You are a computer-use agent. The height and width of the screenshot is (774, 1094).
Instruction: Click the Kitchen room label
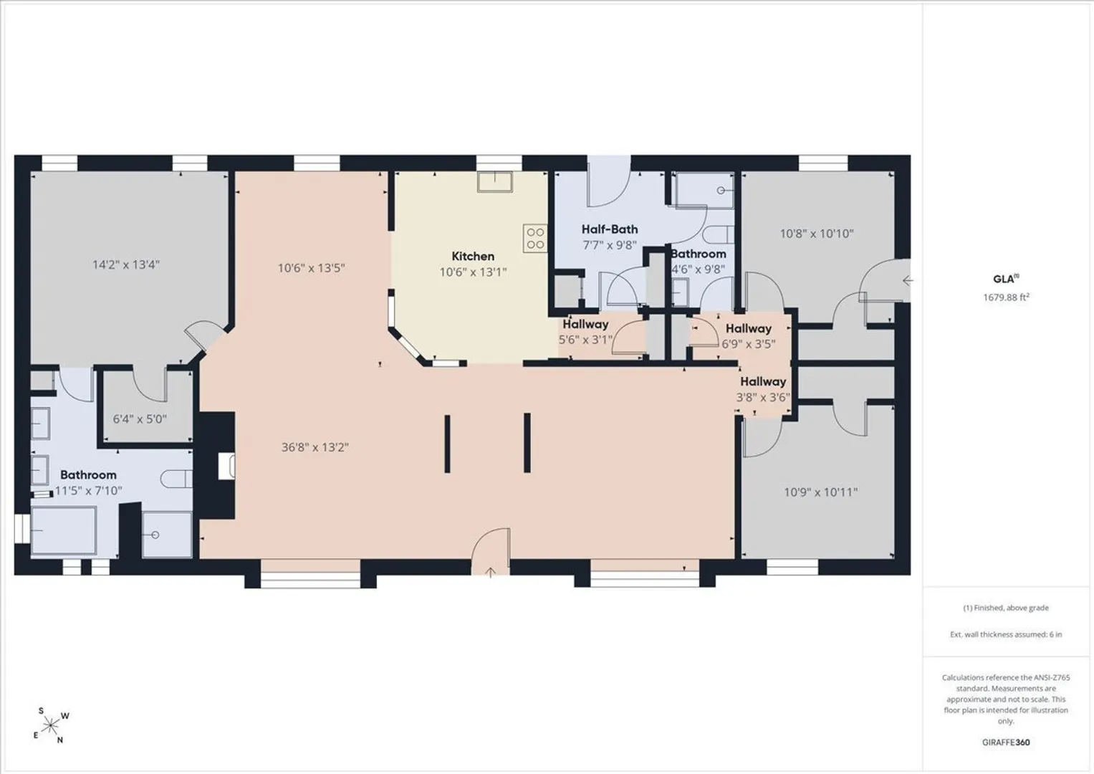pos(473,256)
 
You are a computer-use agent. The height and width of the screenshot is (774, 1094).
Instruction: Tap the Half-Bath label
pos(610,229)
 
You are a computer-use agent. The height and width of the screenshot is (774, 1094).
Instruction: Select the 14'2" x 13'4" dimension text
pos(127,265)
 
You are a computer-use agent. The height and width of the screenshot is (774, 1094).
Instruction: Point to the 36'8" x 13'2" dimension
pos(315,447)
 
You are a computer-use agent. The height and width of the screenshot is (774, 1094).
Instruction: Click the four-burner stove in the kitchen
pos(534,238)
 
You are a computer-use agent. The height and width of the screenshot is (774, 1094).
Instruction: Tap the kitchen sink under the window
pos(495,182)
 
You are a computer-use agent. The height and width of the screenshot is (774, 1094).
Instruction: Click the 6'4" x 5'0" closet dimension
pos(140,419)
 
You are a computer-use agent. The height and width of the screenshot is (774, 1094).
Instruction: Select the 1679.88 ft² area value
pos(1006,297)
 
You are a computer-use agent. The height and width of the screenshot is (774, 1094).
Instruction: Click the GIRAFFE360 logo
pos(1006,742)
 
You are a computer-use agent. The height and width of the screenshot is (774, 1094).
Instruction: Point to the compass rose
pos(50,726)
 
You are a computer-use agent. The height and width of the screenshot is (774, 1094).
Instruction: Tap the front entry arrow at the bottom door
pos(491,572)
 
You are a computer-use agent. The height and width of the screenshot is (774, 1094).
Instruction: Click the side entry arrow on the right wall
pos(908,280)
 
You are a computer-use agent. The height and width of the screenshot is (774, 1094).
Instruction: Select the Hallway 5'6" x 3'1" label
pos(585,332)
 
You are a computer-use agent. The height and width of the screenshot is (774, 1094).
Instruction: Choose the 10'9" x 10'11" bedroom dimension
pos(820,492)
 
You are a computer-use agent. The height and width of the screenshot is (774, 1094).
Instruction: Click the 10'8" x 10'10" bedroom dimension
pos(817,234)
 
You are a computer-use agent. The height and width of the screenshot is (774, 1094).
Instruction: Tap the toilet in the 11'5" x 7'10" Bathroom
pos(176,479)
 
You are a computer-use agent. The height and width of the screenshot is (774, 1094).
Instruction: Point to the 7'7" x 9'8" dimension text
pos(610,245)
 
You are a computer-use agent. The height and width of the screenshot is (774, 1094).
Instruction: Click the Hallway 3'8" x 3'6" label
pos(763,389)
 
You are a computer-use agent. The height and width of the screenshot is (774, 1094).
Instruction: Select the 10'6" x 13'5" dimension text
pos(312,268)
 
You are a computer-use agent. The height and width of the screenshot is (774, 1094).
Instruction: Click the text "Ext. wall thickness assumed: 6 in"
pos(1006,634)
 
